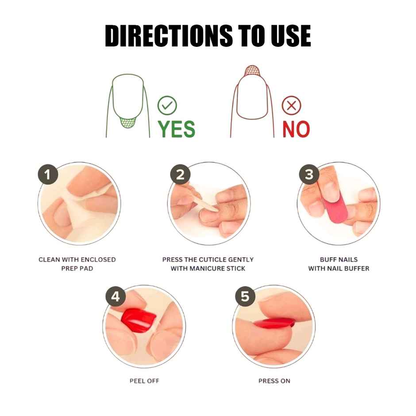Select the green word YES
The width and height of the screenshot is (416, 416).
point(177,129)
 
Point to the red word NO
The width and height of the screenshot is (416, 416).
point(296,129)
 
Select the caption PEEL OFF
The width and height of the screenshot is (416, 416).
point(144,381)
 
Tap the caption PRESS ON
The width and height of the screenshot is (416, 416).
point(274,381)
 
